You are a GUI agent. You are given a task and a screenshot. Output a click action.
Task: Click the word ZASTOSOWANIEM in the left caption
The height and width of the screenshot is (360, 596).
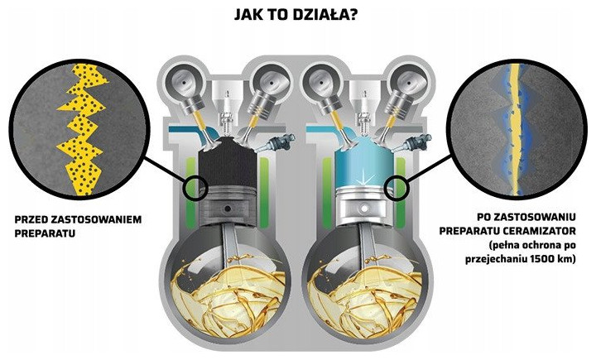[x=104, y=221]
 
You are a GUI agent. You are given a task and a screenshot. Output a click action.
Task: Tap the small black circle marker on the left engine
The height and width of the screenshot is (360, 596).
[x=197, y=187]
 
